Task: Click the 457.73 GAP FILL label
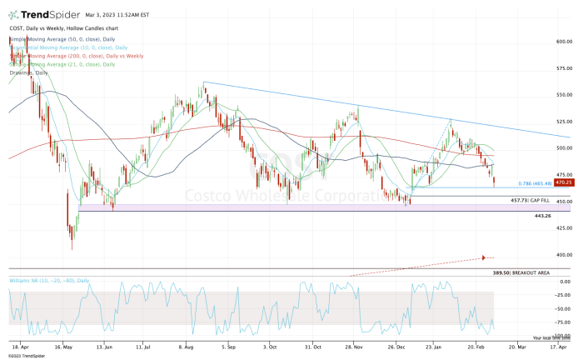(x=528, y=201)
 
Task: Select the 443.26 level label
(x=543, y=216)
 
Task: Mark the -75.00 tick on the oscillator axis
(x=561, y=322)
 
